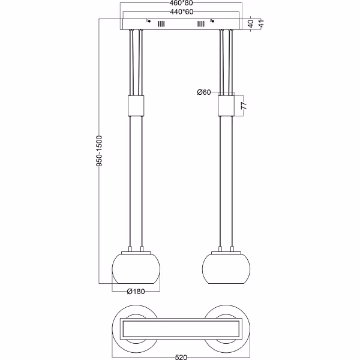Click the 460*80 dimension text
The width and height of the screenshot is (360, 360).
pos(181,4)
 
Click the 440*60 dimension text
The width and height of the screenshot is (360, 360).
pos(181,11)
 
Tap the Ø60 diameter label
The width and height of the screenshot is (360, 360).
pos(204,92)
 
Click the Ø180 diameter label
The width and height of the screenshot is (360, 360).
pos(136,292)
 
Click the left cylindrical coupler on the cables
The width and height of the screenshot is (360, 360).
pos(136,106)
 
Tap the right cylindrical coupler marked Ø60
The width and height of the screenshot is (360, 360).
pos(226,106)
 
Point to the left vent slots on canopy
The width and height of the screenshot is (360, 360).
pos(160,25)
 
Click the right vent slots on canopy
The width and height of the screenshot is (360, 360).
pos(200,25)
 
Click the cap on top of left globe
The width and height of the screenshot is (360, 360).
pos(136,251)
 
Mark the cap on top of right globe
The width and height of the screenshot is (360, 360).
pos(226,251)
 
